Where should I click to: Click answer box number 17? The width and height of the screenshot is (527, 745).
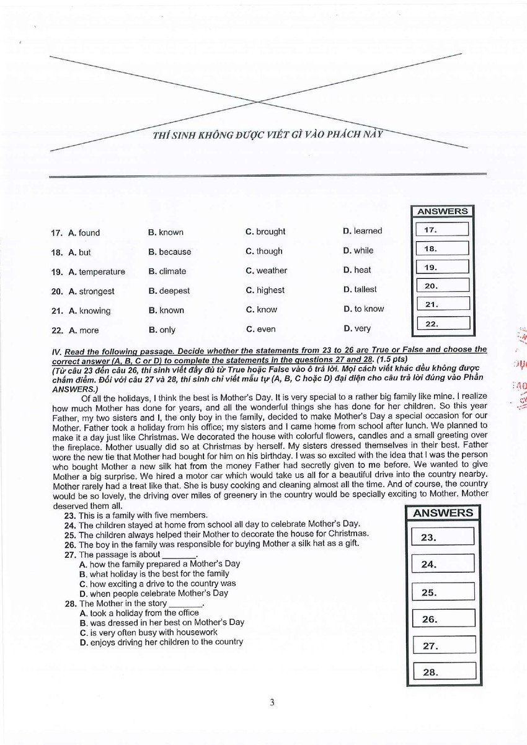pos(442,230)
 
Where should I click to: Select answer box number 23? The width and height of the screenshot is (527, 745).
pos(443,537)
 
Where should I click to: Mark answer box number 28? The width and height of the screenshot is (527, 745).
pos(443,672)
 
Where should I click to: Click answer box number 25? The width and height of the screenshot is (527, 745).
pos(443,592)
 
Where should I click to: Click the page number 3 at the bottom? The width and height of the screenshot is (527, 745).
pos(272,702)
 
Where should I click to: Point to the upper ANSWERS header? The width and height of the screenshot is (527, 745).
pos(442,211)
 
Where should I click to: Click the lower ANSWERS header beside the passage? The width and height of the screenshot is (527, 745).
pos(443,513)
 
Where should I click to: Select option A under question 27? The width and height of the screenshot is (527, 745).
pos(159,564)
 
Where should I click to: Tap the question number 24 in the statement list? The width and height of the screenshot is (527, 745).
pos(69,525)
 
